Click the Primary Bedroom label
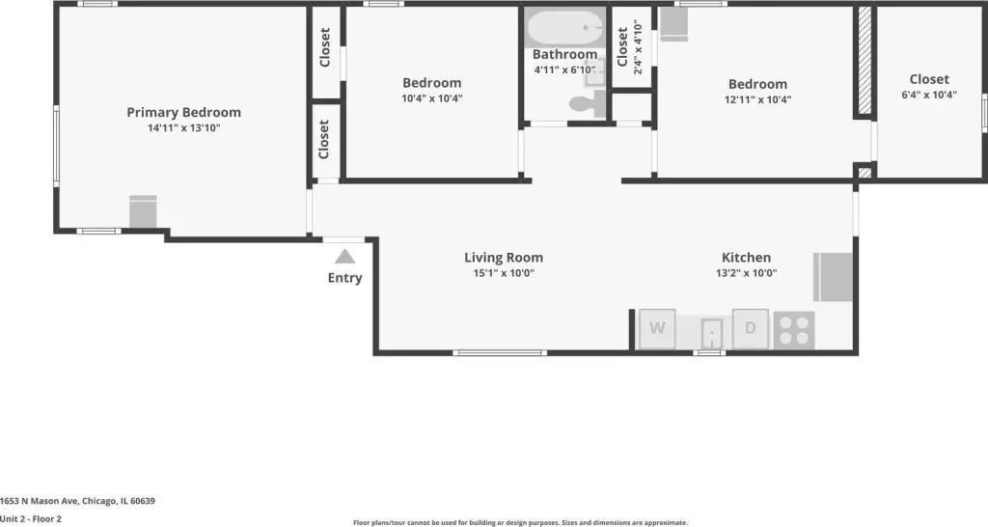(184, 112)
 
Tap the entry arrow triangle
(344, 256)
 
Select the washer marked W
(657, 328)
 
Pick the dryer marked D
(750, 328)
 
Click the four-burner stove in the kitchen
(794, 330)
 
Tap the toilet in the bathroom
(588, 104)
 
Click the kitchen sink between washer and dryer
(711, 333)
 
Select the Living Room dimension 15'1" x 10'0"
(504, 273)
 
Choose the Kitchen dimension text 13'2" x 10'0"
(746, 273)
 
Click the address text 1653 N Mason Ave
(39, 501)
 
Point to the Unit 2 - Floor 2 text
(31, 519)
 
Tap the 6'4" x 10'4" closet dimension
(929, 95)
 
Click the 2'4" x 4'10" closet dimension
(638, 47)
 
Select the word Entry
(344, 277)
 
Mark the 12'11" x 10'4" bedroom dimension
(757, 99)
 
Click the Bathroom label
(564, 54)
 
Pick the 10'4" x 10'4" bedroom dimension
(432, 98)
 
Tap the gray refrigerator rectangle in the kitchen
(833, 277)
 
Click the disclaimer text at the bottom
(520, 522)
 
